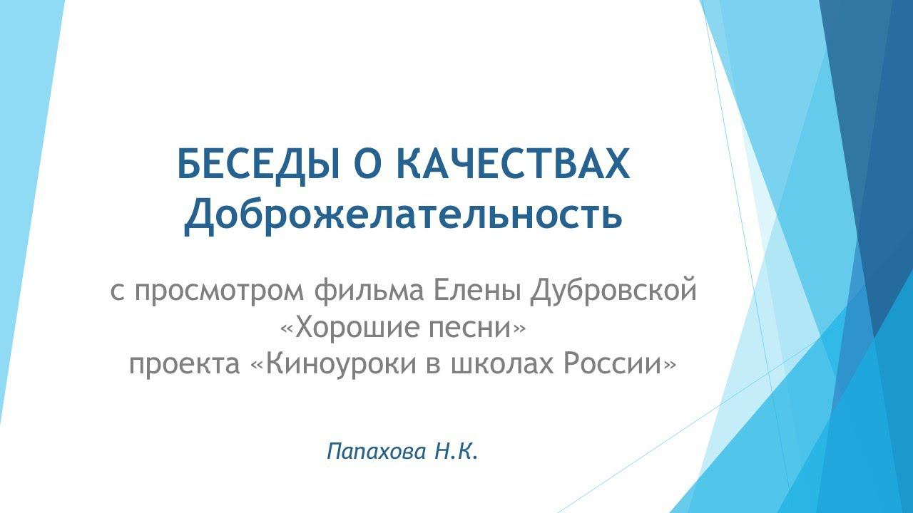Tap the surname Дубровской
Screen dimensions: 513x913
[614, 292]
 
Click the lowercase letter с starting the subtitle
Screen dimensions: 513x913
[117, 294]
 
